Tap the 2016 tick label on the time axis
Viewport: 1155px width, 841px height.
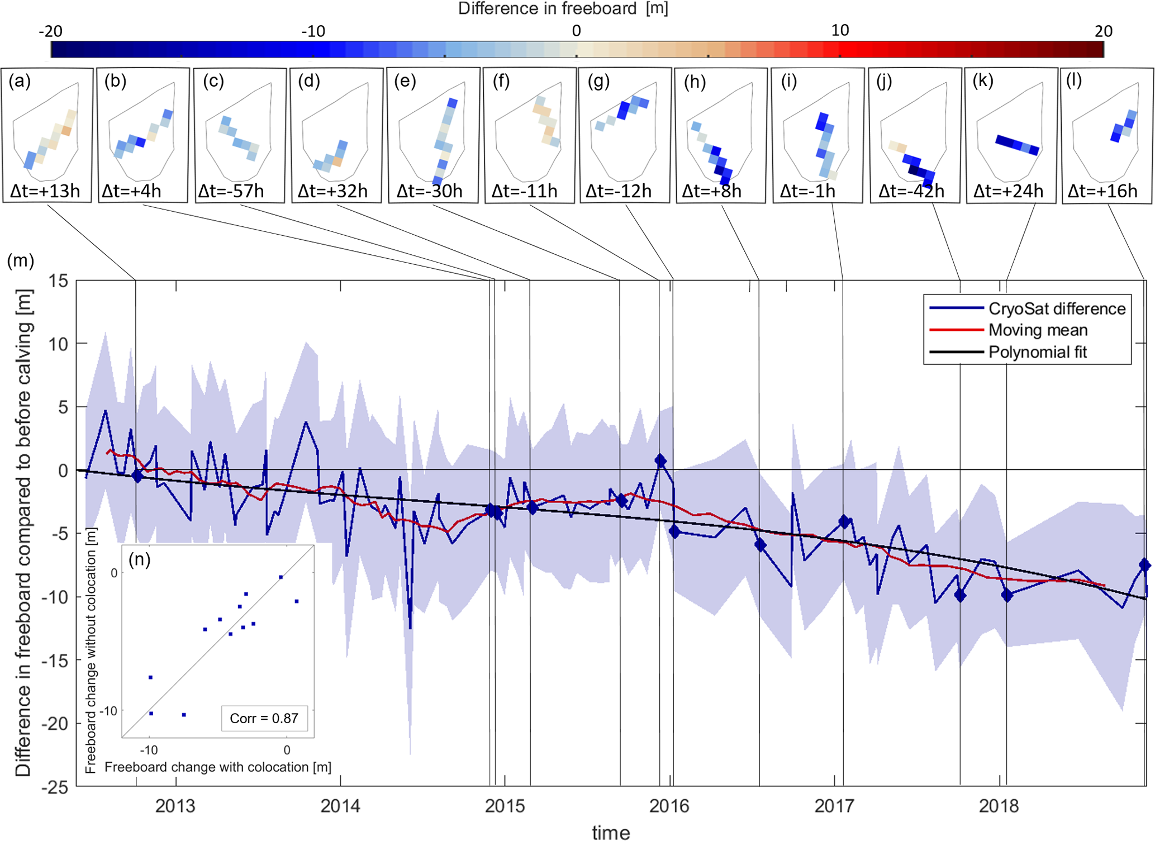(x=669, y=806)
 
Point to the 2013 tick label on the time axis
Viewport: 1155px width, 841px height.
(x=175, y=806)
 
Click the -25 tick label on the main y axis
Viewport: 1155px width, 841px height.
(x=54, y=787)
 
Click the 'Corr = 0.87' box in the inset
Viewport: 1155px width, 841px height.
(x=264, y=718)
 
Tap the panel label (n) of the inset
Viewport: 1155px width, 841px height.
(x=139, y=559)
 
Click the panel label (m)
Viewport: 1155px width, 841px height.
(x=20, y=260)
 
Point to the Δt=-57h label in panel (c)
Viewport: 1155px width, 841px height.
(x=231, y=191)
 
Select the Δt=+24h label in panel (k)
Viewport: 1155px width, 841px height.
(x=1007, y=191)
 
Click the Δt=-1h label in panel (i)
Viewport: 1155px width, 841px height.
(x=807, y=191)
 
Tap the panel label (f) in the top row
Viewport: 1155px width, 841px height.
(x=501, y=82)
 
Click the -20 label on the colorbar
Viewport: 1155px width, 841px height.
(x=50, y=31)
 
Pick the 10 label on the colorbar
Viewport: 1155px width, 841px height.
(x=839, y=30)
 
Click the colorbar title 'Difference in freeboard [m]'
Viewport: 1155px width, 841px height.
(x=563, y=8)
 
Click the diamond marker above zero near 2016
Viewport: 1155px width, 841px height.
(x=660, y=461)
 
